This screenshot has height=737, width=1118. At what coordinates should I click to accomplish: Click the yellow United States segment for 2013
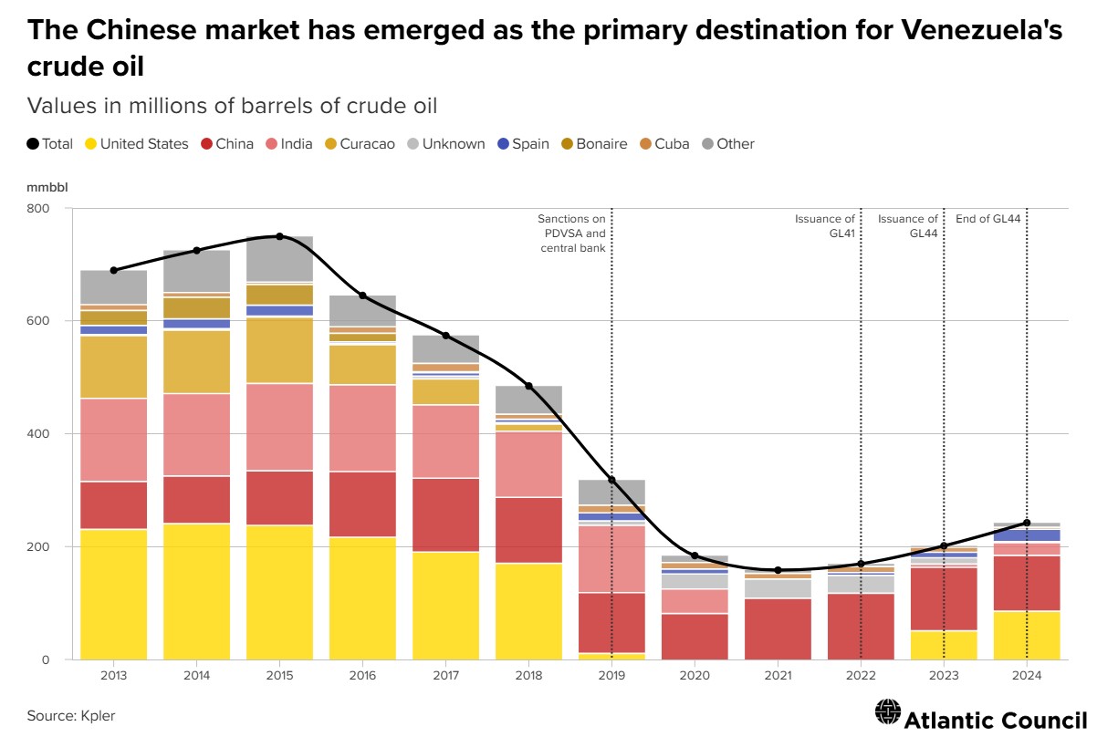click(x=114, y=594)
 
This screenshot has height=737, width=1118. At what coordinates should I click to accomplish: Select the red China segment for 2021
click(x=778, y=628)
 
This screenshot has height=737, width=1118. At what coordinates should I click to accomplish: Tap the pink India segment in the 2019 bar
click(x=611, y=558)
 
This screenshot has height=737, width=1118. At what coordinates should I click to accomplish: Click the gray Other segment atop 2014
click(x=196, y=271)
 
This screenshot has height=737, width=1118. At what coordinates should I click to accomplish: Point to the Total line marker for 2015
click(x=279, y=236)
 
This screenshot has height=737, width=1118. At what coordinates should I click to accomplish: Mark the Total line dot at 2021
click(x=778, y=570)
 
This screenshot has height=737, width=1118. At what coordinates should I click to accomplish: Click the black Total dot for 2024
click(x=1027, y=523)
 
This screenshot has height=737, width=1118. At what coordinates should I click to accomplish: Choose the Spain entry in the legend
click(x=522, y=143)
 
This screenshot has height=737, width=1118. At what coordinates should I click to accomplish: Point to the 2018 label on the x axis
click(x=528, y=676)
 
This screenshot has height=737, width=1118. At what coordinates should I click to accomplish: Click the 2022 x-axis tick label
click(x=861, y=676)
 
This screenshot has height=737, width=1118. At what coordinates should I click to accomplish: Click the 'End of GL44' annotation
click(x=987, y=219)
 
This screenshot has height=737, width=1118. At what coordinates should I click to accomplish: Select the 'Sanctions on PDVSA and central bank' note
click(x=571, y=234)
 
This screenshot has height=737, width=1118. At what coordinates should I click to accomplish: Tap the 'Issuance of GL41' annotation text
click(x=825, y=225)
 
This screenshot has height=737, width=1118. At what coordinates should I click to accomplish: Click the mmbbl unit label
click(x=47, y=188)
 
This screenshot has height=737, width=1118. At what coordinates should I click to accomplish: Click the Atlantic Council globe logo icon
click(x=886, y=711)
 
